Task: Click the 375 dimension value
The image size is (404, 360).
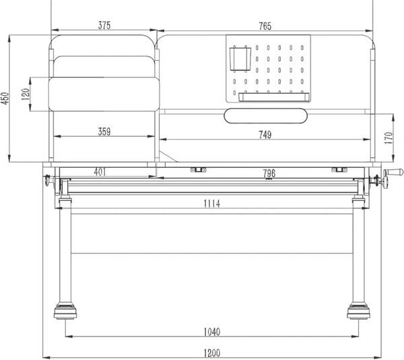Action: click(104, 26)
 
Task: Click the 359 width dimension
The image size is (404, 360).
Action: click(104, 132)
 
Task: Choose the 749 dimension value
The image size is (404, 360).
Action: click(265, 136)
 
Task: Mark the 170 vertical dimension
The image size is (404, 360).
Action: click(389, 138)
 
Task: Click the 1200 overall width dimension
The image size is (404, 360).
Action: click(213, 353)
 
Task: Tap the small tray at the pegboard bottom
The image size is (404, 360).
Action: click(273, 96)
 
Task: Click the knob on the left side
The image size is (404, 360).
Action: click(48, 180)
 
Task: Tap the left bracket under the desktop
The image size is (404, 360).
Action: click(197, 169)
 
